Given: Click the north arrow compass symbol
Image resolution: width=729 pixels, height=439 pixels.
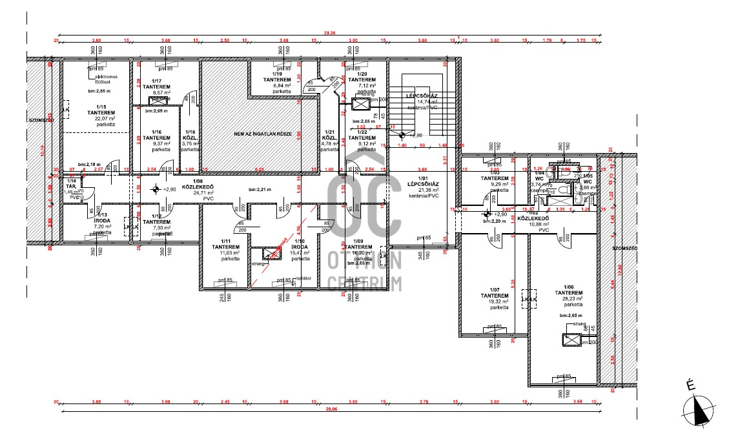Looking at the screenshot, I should [699, 407].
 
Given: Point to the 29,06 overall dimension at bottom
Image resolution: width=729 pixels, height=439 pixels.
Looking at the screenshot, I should [332, 409].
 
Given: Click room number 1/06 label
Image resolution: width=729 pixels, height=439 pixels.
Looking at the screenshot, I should [568, 287].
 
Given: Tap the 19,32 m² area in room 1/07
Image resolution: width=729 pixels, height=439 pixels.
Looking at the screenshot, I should [495, 301].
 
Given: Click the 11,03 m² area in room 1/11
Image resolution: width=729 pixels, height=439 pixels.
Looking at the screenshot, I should [231, 252].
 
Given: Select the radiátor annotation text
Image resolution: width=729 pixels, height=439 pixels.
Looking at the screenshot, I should [303, 279].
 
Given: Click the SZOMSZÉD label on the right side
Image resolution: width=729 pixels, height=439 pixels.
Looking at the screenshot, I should [624, 249].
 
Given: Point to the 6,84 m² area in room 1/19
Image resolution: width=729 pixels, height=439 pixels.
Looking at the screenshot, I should [282, 86].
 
